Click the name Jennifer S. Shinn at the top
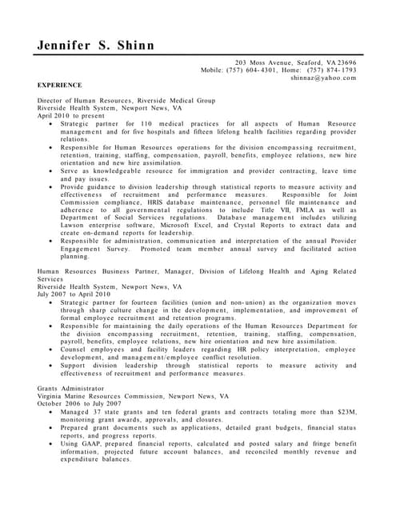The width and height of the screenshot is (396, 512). pyautogui.click(x=97, y=45)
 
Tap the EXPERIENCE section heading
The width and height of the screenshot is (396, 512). pyautogui.click(x=60, y=84)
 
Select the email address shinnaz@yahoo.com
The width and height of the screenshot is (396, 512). pyautogui.click(x=323, y=78)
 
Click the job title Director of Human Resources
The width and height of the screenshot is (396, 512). pyautogui.click(x=89, y=100)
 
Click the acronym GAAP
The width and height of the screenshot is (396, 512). pyautogui.click(x=90, y=444)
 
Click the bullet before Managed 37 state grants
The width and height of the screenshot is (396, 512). pyautogui.click(x=52, y=412)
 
